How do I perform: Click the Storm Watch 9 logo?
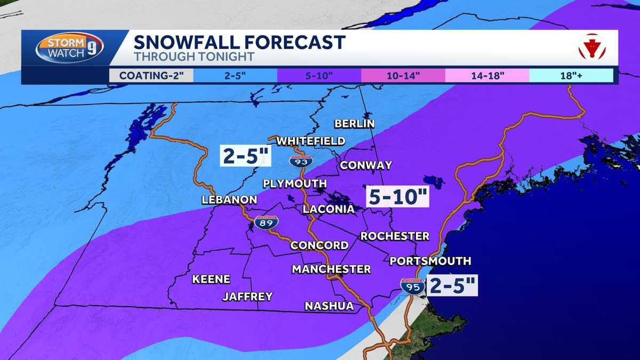(x=69, y=48)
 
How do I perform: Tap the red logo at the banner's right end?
(x=592, y=47)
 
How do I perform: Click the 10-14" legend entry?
(x=403, y=75)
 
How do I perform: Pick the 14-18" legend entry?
(x=487, y=75)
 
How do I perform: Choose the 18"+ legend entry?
(x=571, y=75)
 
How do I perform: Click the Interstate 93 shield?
(x=299, y=160)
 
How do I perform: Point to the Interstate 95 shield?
(x=413, y=286)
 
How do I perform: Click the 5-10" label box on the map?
(x=398, y=197)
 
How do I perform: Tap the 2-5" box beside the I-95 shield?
(x=452, y=285)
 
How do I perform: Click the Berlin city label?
(x=355, y=124)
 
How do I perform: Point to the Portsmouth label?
(x=430, y=261)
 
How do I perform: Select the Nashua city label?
(x=329, y=306)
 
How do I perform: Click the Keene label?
(x=211, y=279)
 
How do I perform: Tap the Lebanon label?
(x=229, y=200)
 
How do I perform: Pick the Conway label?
(x=366, y=165)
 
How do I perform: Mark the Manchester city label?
(x=331, y=269)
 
